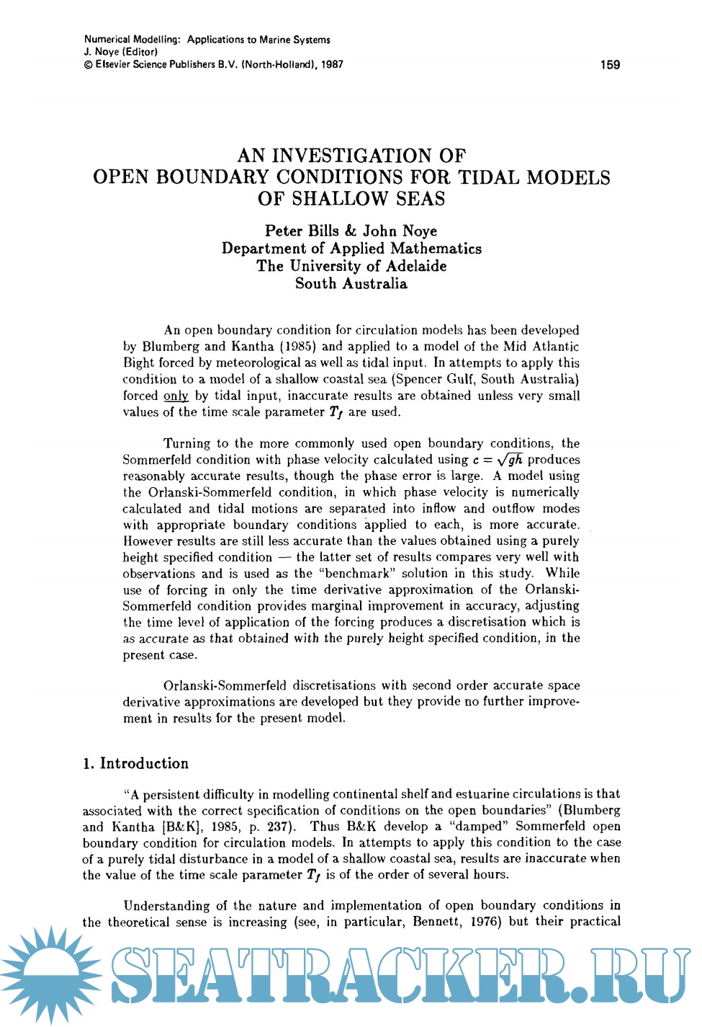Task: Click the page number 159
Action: (609, 65)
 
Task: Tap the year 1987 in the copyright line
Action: (332, 64)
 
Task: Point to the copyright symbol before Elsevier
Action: (88, 65)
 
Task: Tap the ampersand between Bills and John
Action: (351, 231)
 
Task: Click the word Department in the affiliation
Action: (264, 249)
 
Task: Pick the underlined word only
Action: (176, 396)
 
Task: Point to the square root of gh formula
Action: (509, 460)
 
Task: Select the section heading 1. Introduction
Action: (135, 763)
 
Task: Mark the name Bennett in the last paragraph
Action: (437, 922)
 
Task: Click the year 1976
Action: (485, 922)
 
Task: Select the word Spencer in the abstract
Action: (419, 379)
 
